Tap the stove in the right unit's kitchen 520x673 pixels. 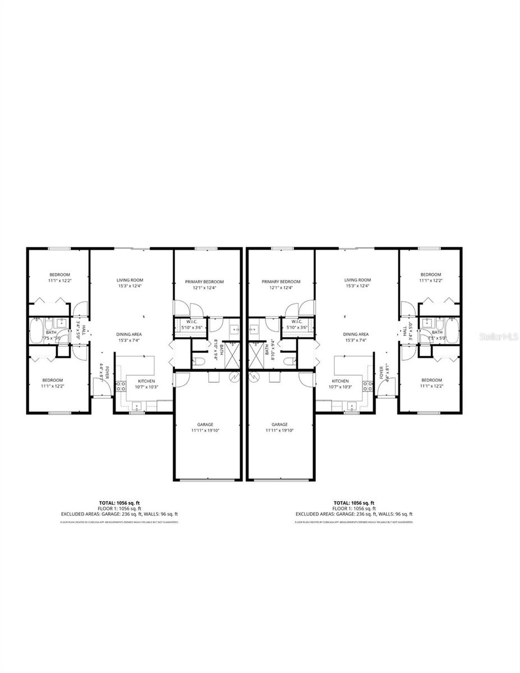coord(368,385)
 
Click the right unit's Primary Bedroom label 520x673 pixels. coord(281,282)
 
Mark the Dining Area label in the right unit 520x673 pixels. coord(356,334)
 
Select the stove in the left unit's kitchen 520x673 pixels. coord(120,385)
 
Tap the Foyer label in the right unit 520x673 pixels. coord(381,372)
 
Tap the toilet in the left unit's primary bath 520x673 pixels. coord(197,360)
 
